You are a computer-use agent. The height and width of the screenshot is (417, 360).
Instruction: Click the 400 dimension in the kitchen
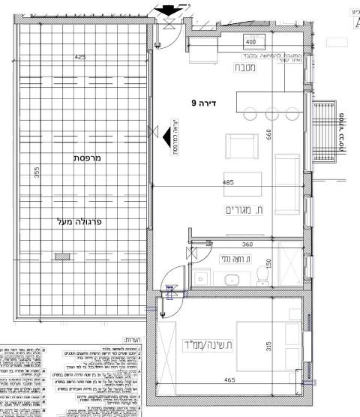pyautogui.click(x=250, y=43)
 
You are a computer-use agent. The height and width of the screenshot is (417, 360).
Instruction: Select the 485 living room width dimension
pyautogui.click(x=229, y=182)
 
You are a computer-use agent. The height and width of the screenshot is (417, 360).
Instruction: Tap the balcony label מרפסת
pyautogui.click(x=88, y=158)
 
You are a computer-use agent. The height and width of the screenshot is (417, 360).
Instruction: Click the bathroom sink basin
pyautogui.click(x=232, y=280)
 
